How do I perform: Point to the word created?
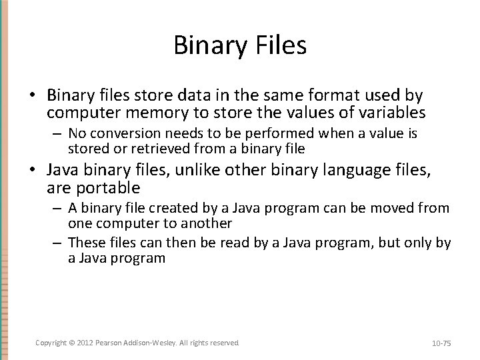point(161,209)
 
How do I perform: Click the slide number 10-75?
point(441,343)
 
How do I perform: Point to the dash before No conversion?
point(58,134)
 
